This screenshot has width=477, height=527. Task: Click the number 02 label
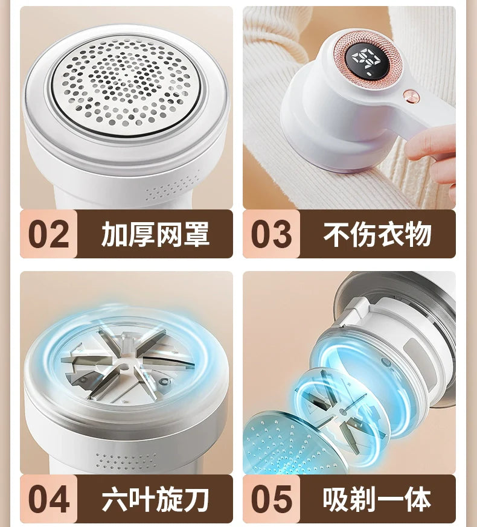pyautogui.click(x=49, y=234)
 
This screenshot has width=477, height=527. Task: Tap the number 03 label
pyautogui.click(x=271, y=234)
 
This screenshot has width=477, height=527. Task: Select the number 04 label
pyautogui.click(x=49, y=499)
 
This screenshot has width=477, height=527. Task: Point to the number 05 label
pyautogui.click(x=271, y=499)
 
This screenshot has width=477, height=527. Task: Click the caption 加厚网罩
pyautogui.click(x=155, y=234)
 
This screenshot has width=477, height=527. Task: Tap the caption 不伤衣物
pyautogui.click(x=377, y=234)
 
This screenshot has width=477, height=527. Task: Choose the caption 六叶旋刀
pyautogui.click(x=155, y=499)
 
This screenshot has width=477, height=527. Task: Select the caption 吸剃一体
pyautogui.click(x=377, y=499)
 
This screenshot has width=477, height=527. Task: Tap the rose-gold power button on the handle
pyautogui.click(x=411, y=97)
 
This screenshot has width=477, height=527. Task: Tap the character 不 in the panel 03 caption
pyautogui.click(x=336, y=234)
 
